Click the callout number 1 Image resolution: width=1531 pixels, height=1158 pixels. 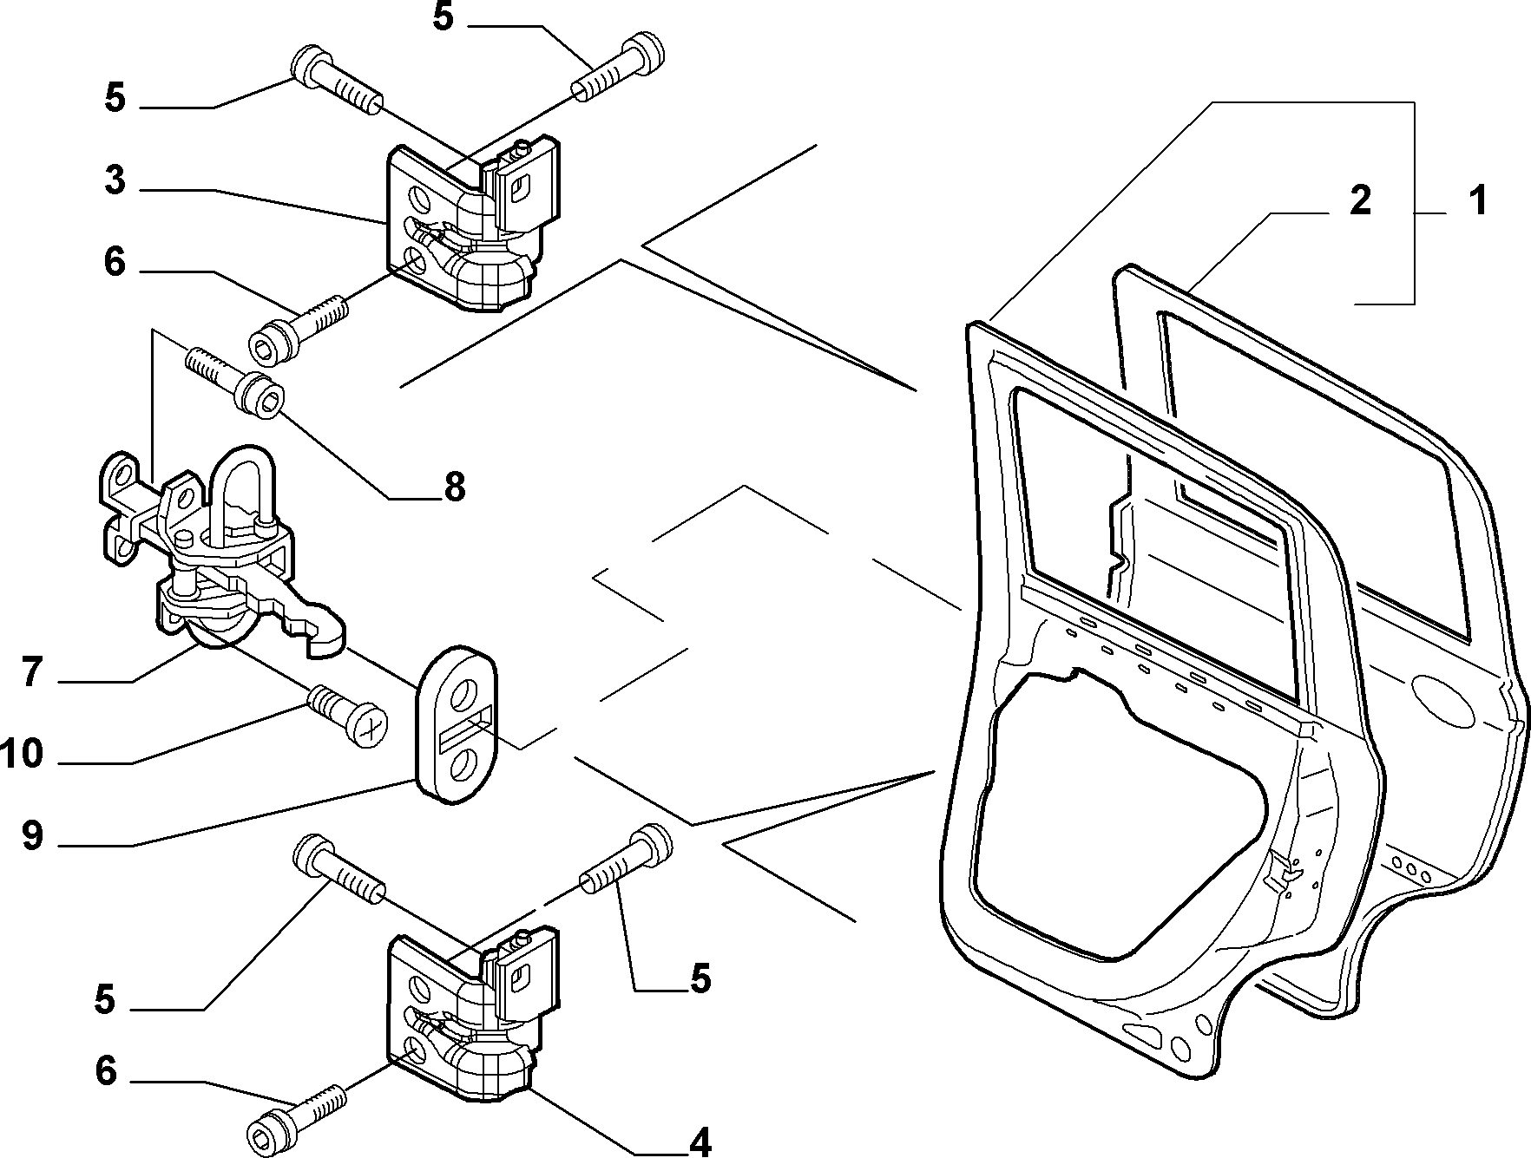(x=1475, y=200)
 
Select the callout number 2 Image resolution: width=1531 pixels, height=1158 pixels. (x=1359, y=200)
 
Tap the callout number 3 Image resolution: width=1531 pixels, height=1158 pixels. (x=115, y=180)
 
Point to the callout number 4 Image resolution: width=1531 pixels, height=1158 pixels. (x=700, y=1140)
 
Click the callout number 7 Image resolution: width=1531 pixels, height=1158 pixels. (x=32, y=672)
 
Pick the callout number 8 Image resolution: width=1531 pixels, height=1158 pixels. (x=454, y=487)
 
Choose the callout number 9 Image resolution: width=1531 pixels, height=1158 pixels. (x=32, y=836)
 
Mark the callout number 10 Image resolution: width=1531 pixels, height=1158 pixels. (x=22, y=754)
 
